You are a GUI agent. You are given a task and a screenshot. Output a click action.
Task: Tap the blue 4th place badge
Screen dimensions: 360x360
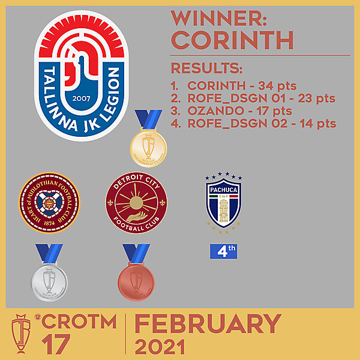coord(223,251)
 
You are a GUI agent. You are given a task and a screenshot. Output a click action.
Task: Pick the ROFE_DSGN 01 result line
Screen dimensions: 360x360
coord(253,98)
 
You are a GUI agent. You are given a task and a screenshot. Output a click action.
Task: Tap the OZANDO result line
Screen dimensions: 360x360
coord(231,110)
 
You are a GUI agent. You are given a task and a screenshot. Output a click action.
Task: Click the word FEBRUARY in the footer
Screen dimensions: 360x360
coord(207,325)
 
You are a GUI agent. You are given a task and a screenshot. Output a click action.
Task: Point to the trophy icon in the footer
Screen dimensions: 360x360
coord(22,334)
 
